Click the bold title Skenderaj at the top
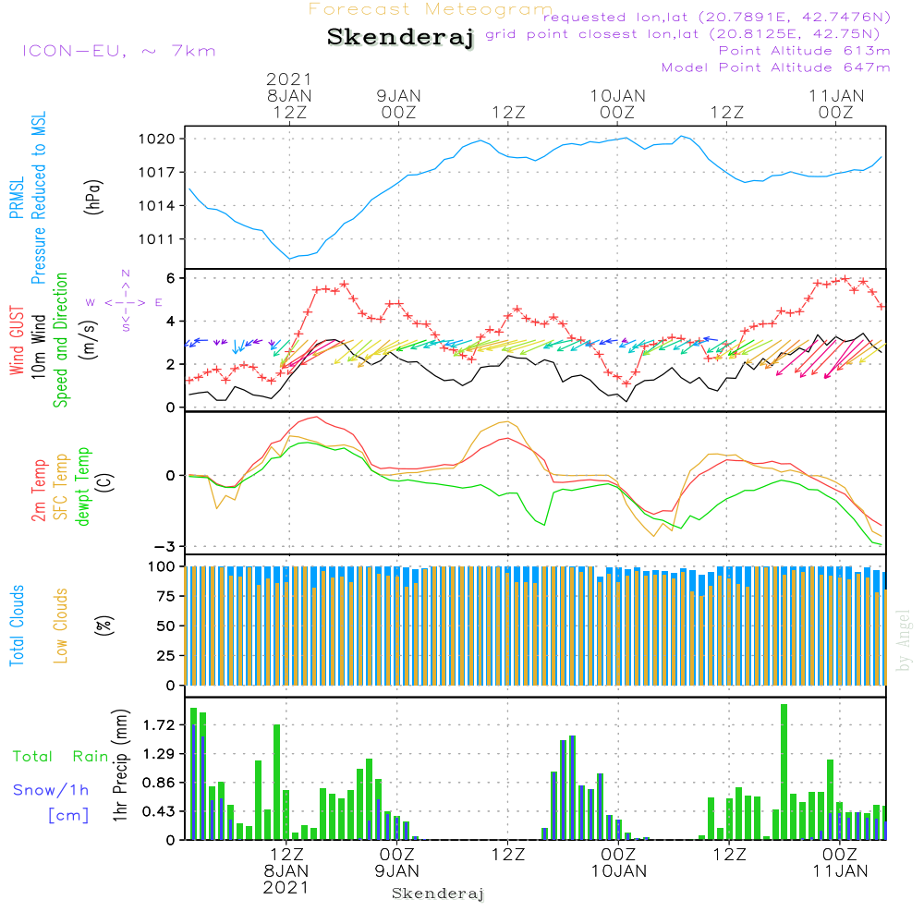click(400, 37)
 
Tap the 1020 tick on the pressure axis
click(157, 140)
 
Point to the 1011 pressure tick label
click(157, 239)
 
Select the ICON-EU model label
click(118, 51)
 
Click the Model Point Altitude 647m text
click(775, 67)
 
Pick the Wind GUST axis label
click(17, 340)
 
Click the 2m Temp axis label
click(39, 491)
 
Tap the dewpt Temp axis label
click(82, 486)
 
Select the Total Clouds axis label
click(17, 626)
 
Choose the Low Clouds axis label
click(61, 626)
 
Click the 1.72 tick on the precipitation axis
click(159, 724)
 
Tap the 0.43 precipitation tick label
click(159, 811)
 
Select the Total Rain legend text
click(61, 756)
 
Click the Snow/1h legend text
click(51, 790)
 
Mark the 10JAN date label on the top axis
click(618, 96)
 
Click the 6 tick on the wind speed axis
click(171, 278)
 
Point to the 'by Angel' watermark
click(904, 640)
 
